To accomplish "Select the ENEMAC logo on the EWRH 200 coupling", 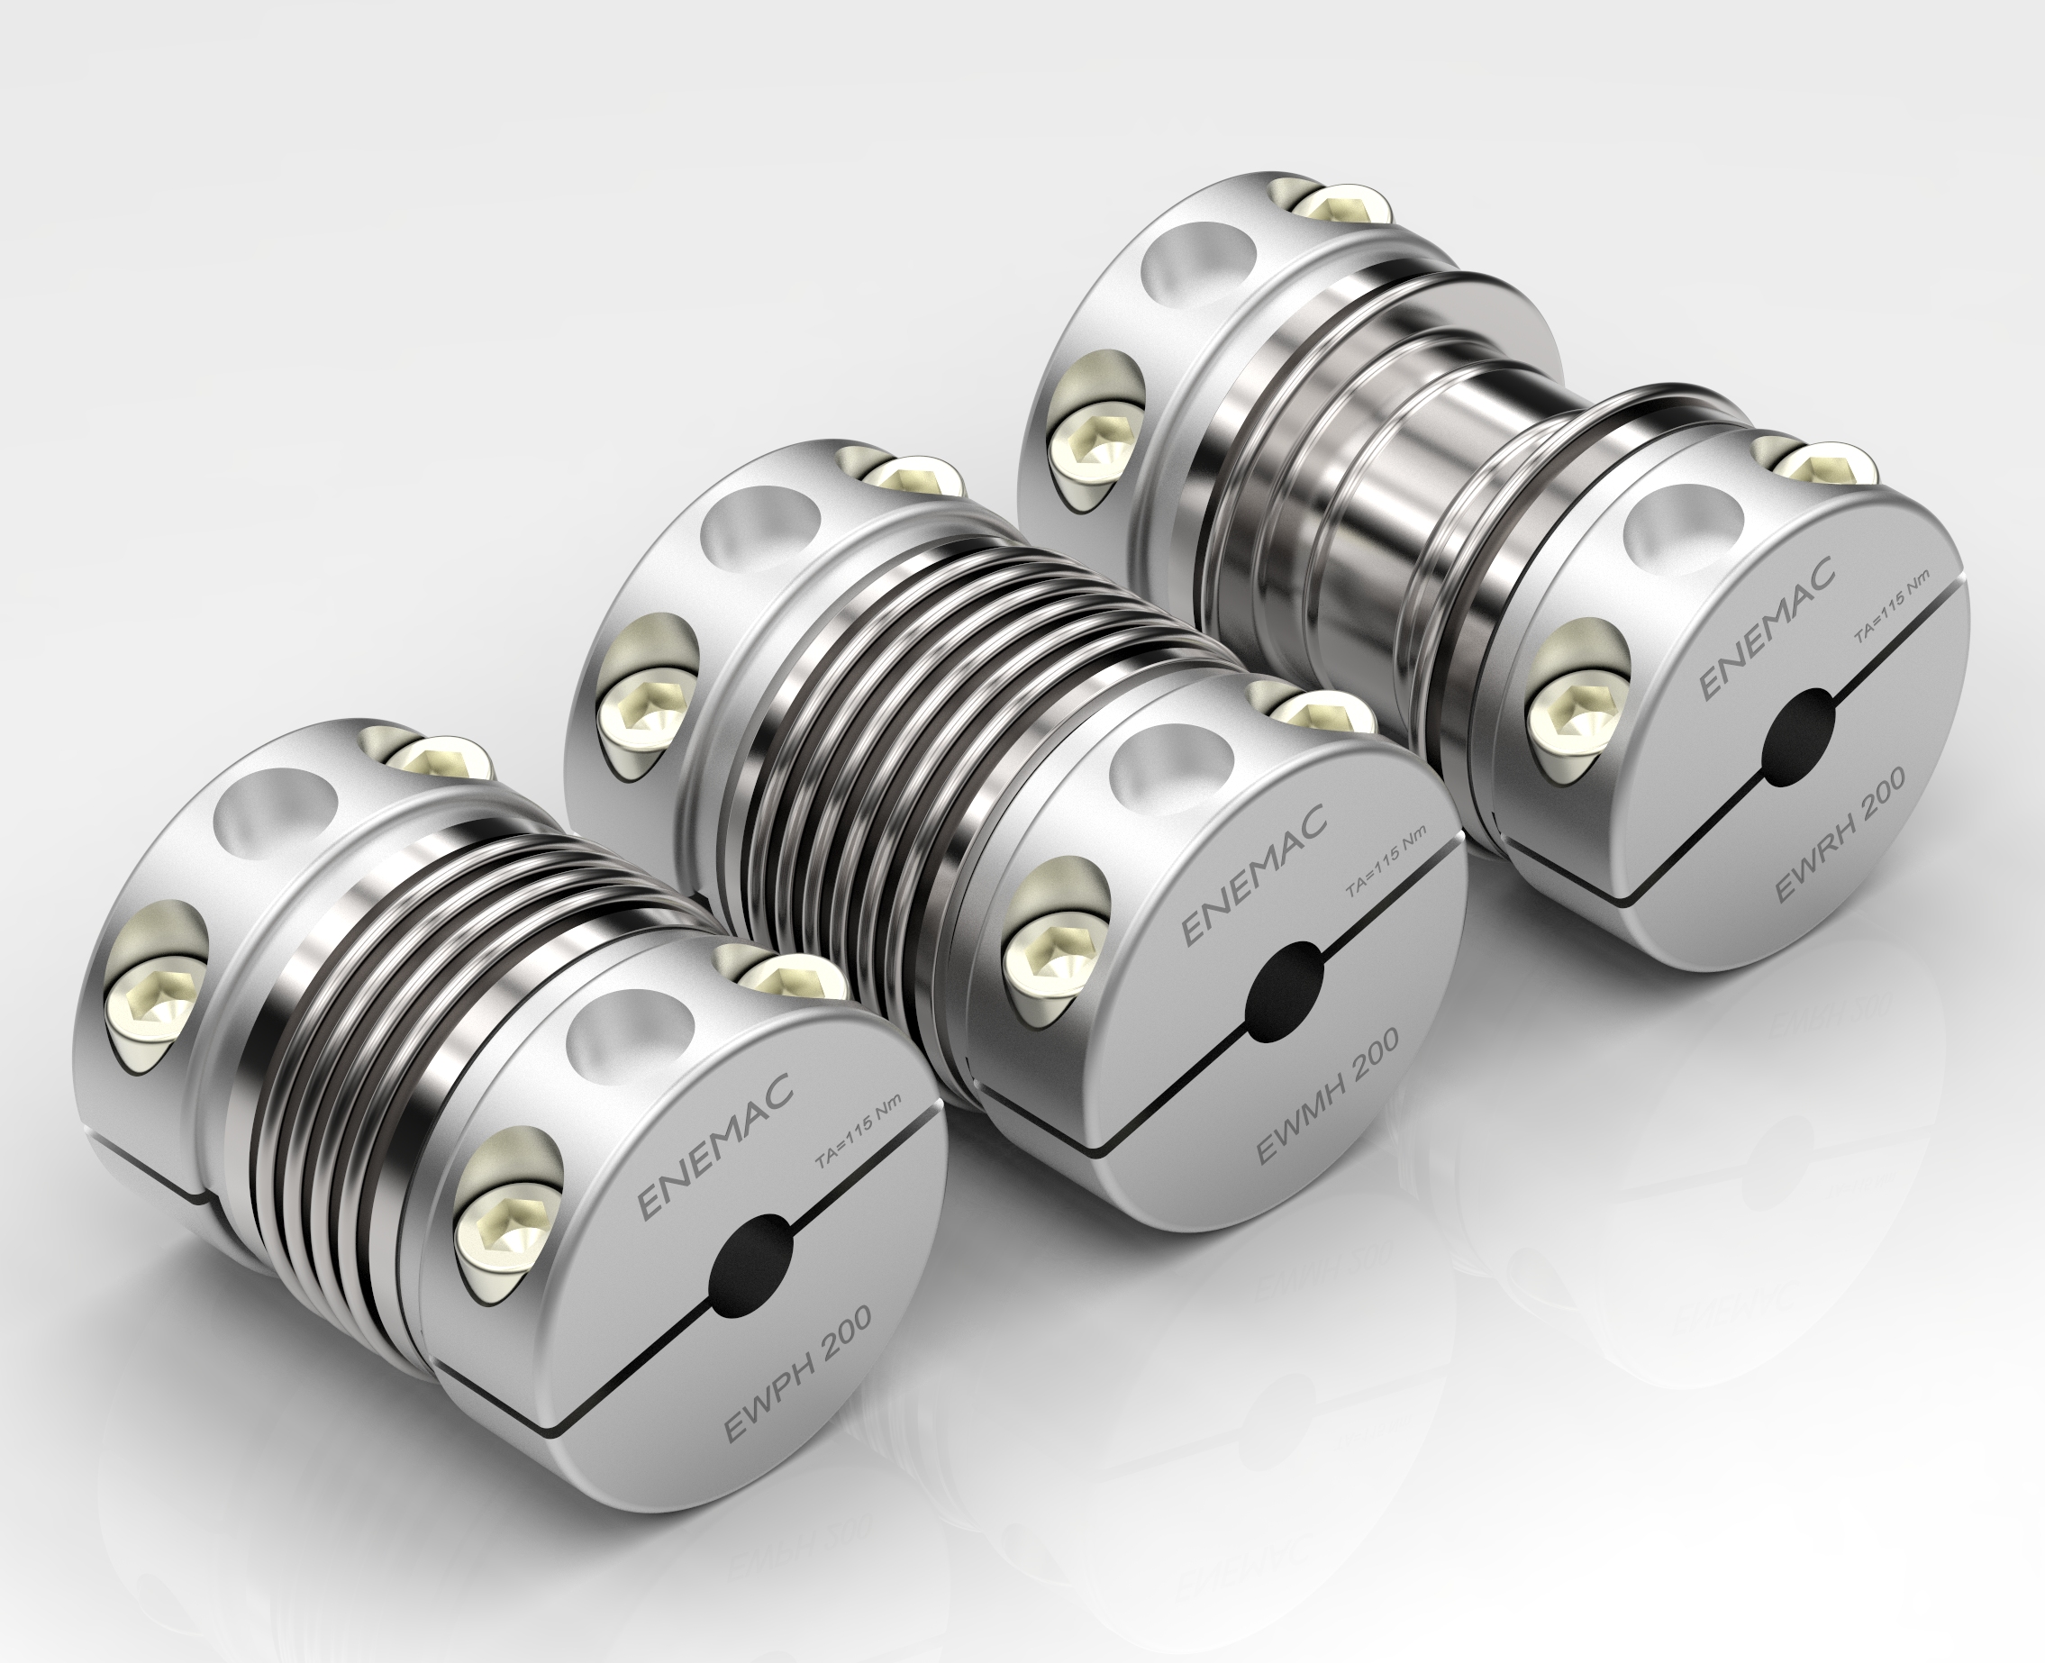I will coord(1768,626).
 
